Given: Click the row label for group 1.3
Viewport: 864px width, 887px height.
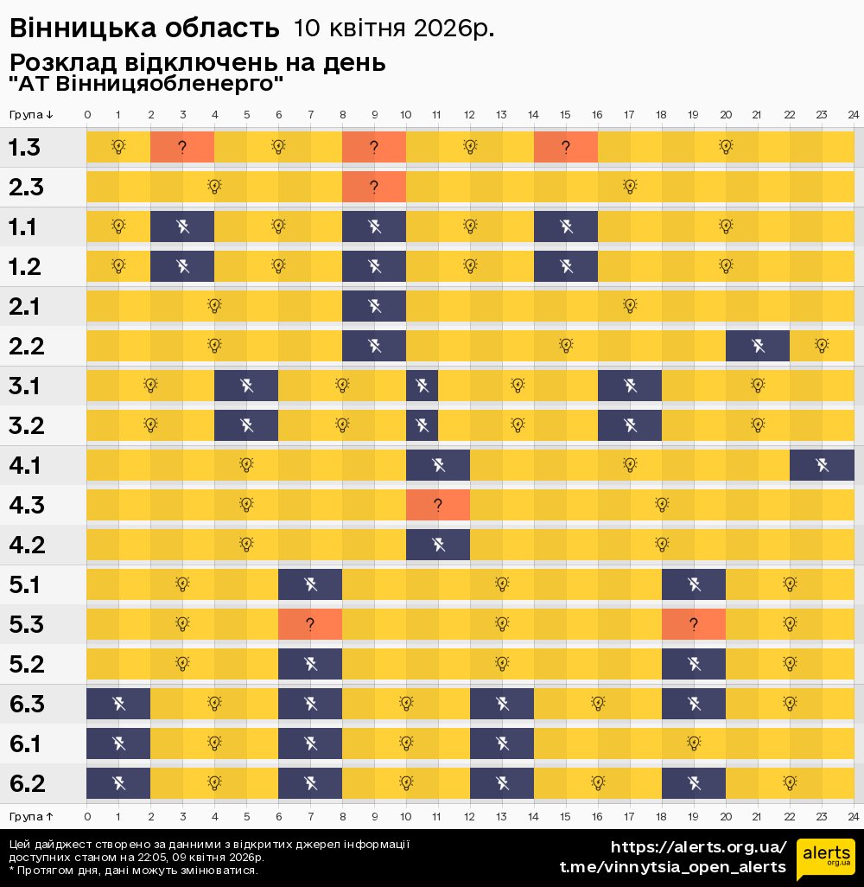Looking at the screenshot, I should coord(24,147).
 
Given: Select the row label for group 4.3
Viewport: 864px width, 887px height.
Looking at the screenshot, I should coord(25,505).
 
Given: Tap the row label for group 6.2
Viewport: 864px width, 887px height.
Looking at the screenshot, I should coord(26,783).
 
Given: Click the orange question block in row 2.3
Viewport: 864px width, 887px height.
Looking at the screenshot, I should coord(374,187).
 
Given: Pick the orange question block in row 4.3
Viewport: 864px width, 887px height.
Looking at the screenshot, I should coord(438,505).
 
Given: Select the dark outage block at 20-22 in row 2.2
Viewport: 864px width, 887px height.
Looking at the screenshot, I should coord(758,346).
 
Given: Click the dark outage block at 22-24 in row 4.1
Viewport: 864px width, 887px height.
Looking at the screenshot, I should coord(822,466).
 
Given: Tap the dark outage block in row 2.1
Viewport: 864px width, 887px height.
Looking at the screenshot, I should coord(374,306).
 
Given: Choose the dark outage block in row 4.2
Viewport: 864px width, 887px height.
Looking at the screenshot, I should coord(438,545).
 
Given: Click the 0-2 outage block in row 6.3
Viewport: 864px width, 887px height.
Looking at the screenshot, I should coord(118,704).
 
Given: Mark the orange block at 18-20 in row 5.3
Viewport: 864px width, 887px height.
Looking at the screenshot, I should coord(694,624).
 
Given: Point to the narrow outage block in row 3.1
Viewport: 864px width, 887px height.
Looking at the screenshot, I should coord(422,386).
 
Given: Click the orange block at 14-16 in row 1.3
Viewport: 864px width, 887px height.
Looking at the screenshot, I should coord(566,147).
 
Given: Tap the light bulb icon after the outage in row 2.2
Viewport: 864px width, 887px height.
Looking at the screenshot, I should coord(822,346).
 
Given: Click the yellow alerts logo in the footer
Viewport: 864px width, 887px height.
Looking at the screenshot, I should coord(825,858).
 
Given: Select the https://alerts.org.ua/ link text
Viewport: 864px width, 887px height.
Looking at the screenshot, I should coord(698,847).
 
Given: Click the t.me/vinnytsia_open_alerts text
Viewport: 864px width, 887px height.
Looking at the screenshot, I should coord(673,867).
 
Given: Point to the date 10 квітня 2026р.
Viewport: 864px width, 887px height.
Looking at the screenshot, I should coord(394,29).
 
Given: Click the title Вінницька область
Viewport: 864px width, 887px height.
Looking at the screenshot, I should coord(144,29).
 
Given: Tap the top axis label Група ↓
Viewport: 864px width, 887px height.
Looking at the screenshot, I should coord(31,115).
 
